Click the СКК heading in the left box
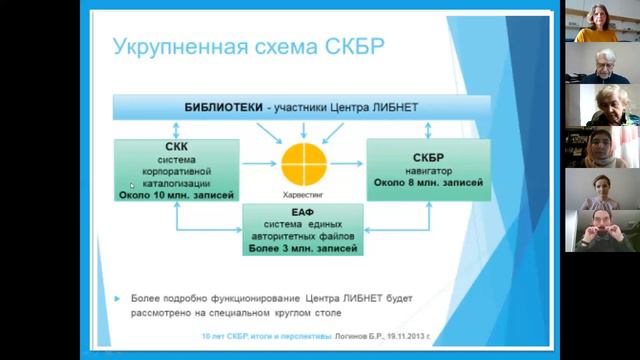pyautogui.click(x=177, y=146)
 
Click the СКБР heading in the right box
pyautogui.click(x=430, y=158)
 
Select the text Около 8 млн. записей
pyautogui.click(x=430, y=183)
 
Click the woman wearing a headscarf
pyautogui.click(x=598, y=146)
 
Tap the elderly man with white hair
pyautogui.click(x=598, y=62)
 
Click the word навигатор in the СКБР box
pyautogui.click(x=430, y=171)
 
